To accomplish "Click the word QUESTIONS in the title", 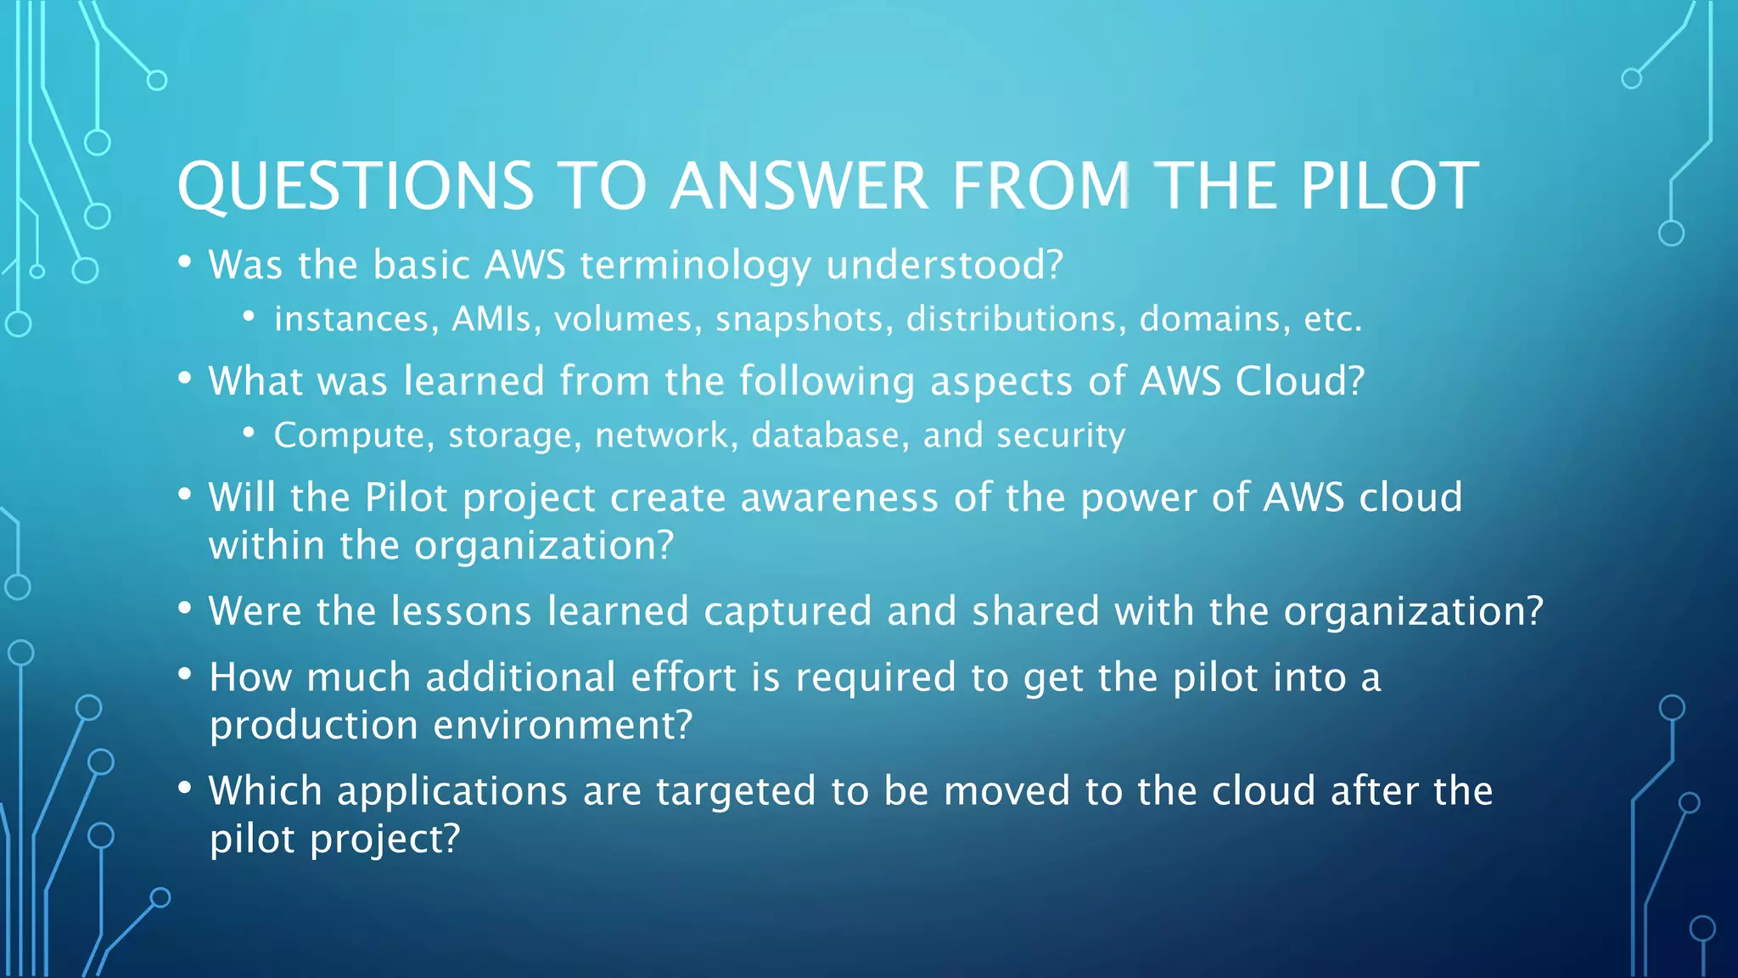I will (356, 186).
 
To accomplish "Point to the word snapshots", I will (804, 319).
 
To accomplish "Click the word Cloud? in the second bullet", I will (1299, 381).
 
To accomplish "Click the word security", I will (1061, 436).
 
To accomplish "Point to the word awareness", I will (839, 497).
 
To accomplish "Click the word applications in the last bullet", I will (452, 791).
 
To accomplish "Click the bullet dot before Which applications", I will (184, 788).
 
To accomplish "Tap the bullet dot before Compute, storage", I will (249, 433).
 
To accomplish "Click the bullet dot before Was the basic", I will (184, 262).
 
